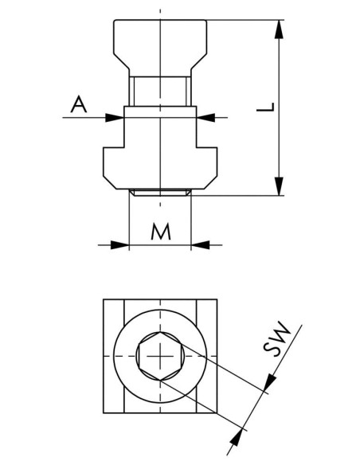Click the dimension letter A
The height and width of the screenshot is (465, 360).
(x=79, y=104)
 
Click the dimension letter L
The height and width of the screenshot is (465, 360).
(x=266, y=107)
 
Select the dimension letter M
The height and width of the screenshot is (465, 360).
(x=161, y=232)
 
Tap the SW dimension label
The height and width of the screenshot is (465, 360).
(x=276, y=338)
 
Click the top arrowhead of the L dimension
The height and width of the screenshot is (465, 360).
(x=279, y=29)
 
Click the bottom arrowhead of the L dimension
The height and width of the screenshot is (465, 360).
(x=279, y=186)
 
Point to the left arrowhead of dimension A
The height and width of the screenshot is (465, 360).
(x=115, y=117)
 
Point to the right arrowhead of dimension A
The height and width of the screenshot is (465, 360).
(x=205, y=117)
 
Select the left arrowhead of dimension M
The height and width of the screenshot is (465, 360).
(x=119, y=245)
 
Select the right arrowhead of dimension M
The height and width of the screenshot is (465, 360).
(x=200, y=245)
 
